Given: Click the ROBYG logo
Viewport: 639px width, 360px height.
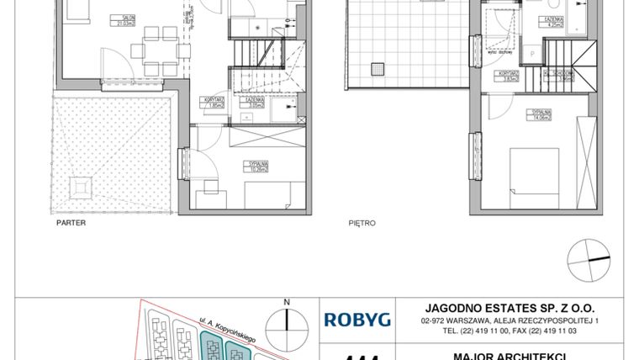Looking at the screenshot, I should point(356,319).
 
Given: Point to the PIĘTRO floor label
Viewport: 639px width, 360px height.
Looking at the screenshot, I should point(361,224).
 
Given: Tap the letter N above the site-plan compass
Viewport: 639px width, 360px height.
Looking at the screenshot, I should point(287,301).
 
